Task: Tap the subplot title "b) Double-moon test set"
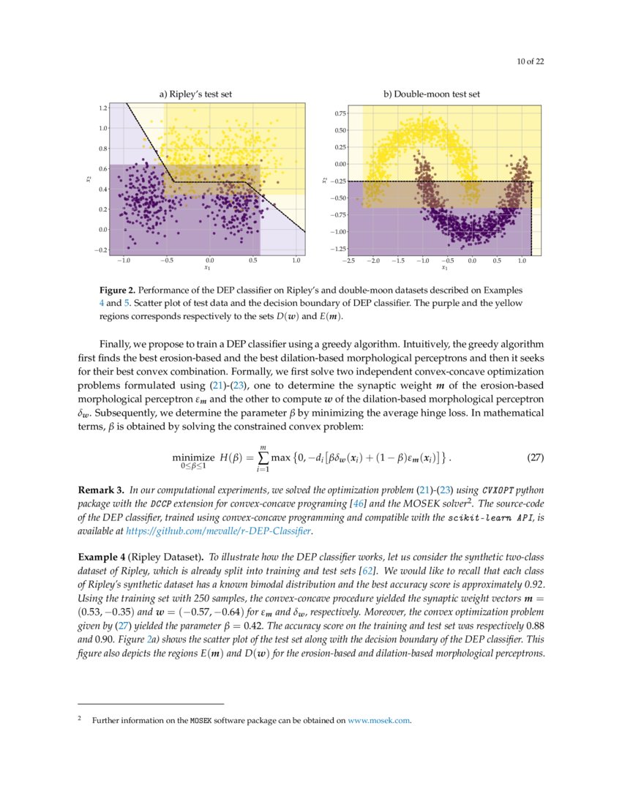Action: [x=432, y=94]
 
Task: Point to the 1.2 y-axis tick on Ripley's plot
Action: [x=102, y=108]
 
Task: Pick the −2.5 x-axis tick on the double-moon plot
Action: [x=348, y=260]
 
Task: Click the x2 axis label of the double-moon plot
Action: [x=324, y=180]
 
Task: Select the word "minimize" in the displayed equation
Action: [x=193, y=457]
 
